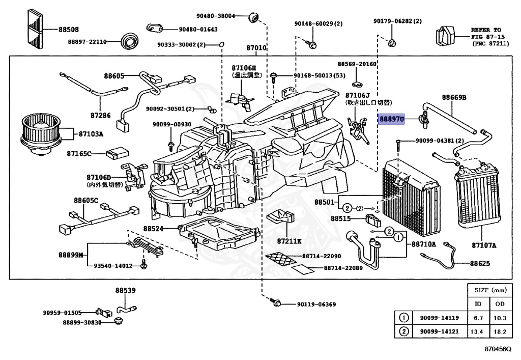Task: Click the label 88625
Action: [x=480, y=263]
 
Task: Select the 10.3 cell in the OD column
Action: [x=500, y=318]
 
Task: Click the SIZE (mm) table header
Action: [x=490, y=290]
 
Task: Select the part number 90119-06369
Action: [x=316, y=304]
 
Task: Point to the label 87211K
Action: [x=289, y=241]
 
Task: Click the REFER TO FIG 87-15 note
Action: [x=486, y=37]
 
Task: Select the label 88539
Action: [x=125, y=291]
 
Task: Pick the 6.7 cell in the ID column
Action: [x=478, y=318]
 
